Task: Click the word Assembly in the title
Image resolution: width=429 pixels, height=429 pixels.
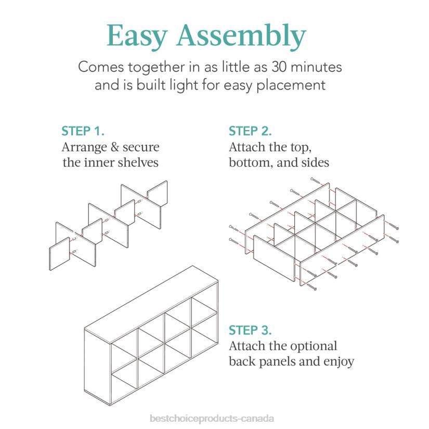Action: tap(241, 36)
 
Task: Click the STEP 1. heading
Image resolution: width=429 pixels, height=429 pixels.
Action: tap(83, 131)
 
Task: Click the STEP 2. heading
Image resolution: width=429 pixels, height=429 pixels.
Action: tap(250, 131)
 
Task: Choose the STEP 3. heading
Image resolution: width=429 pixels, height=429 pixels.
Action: tap(250, 330)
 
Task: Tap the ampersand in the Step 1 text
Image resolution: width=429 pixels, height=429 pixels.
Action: tap(114, 147)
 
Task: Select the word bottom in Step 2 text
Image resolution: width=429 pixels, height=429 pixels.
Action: tap(251, 163)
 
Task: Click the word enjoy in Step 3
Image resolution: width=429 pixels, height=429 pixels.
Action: tap(339, 362)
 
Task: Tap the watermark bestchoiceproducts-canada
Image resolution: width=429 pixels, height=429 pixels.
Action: tap(212, 418)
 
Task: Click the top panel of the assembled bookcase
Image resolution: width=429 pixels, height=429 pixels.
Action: tap(151, 304)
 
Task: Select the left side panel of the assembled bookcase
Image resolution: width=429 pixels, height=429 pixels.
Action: tap(97, 367)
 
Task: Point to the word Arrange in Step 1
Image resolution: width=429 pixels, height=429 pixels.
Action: tap(84, 148)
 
